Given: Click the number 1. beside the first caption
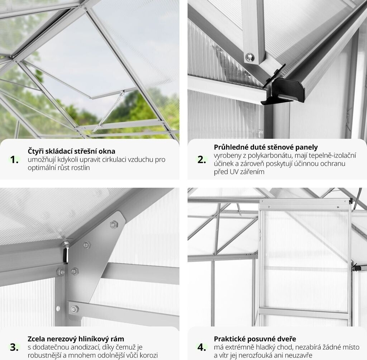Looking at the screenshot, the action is pyautogui.click(x=14, y=160).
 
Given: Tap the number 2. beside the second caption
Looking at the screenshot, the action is pyautogui.click(x=202, y=160).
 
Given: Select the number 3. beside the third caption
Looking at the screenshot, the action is pyautogui.click(x=14, y=347).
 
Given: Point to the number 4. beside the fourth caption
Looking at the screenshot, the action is pyautogui.click(x=202, y=347).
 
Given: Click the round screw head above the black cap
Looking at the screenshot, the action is pyautogui.click(x=249, y=57).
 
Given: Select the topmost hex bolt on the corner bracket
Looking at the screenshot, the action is pyautogui.click(x=114, y=224).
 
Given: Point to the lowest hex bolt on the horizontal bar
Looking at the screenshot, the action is pyautogui.click(x=75, y=309).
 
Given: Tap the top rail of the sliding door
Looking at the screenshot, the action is pyautogui.click(x=305, y=205).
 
